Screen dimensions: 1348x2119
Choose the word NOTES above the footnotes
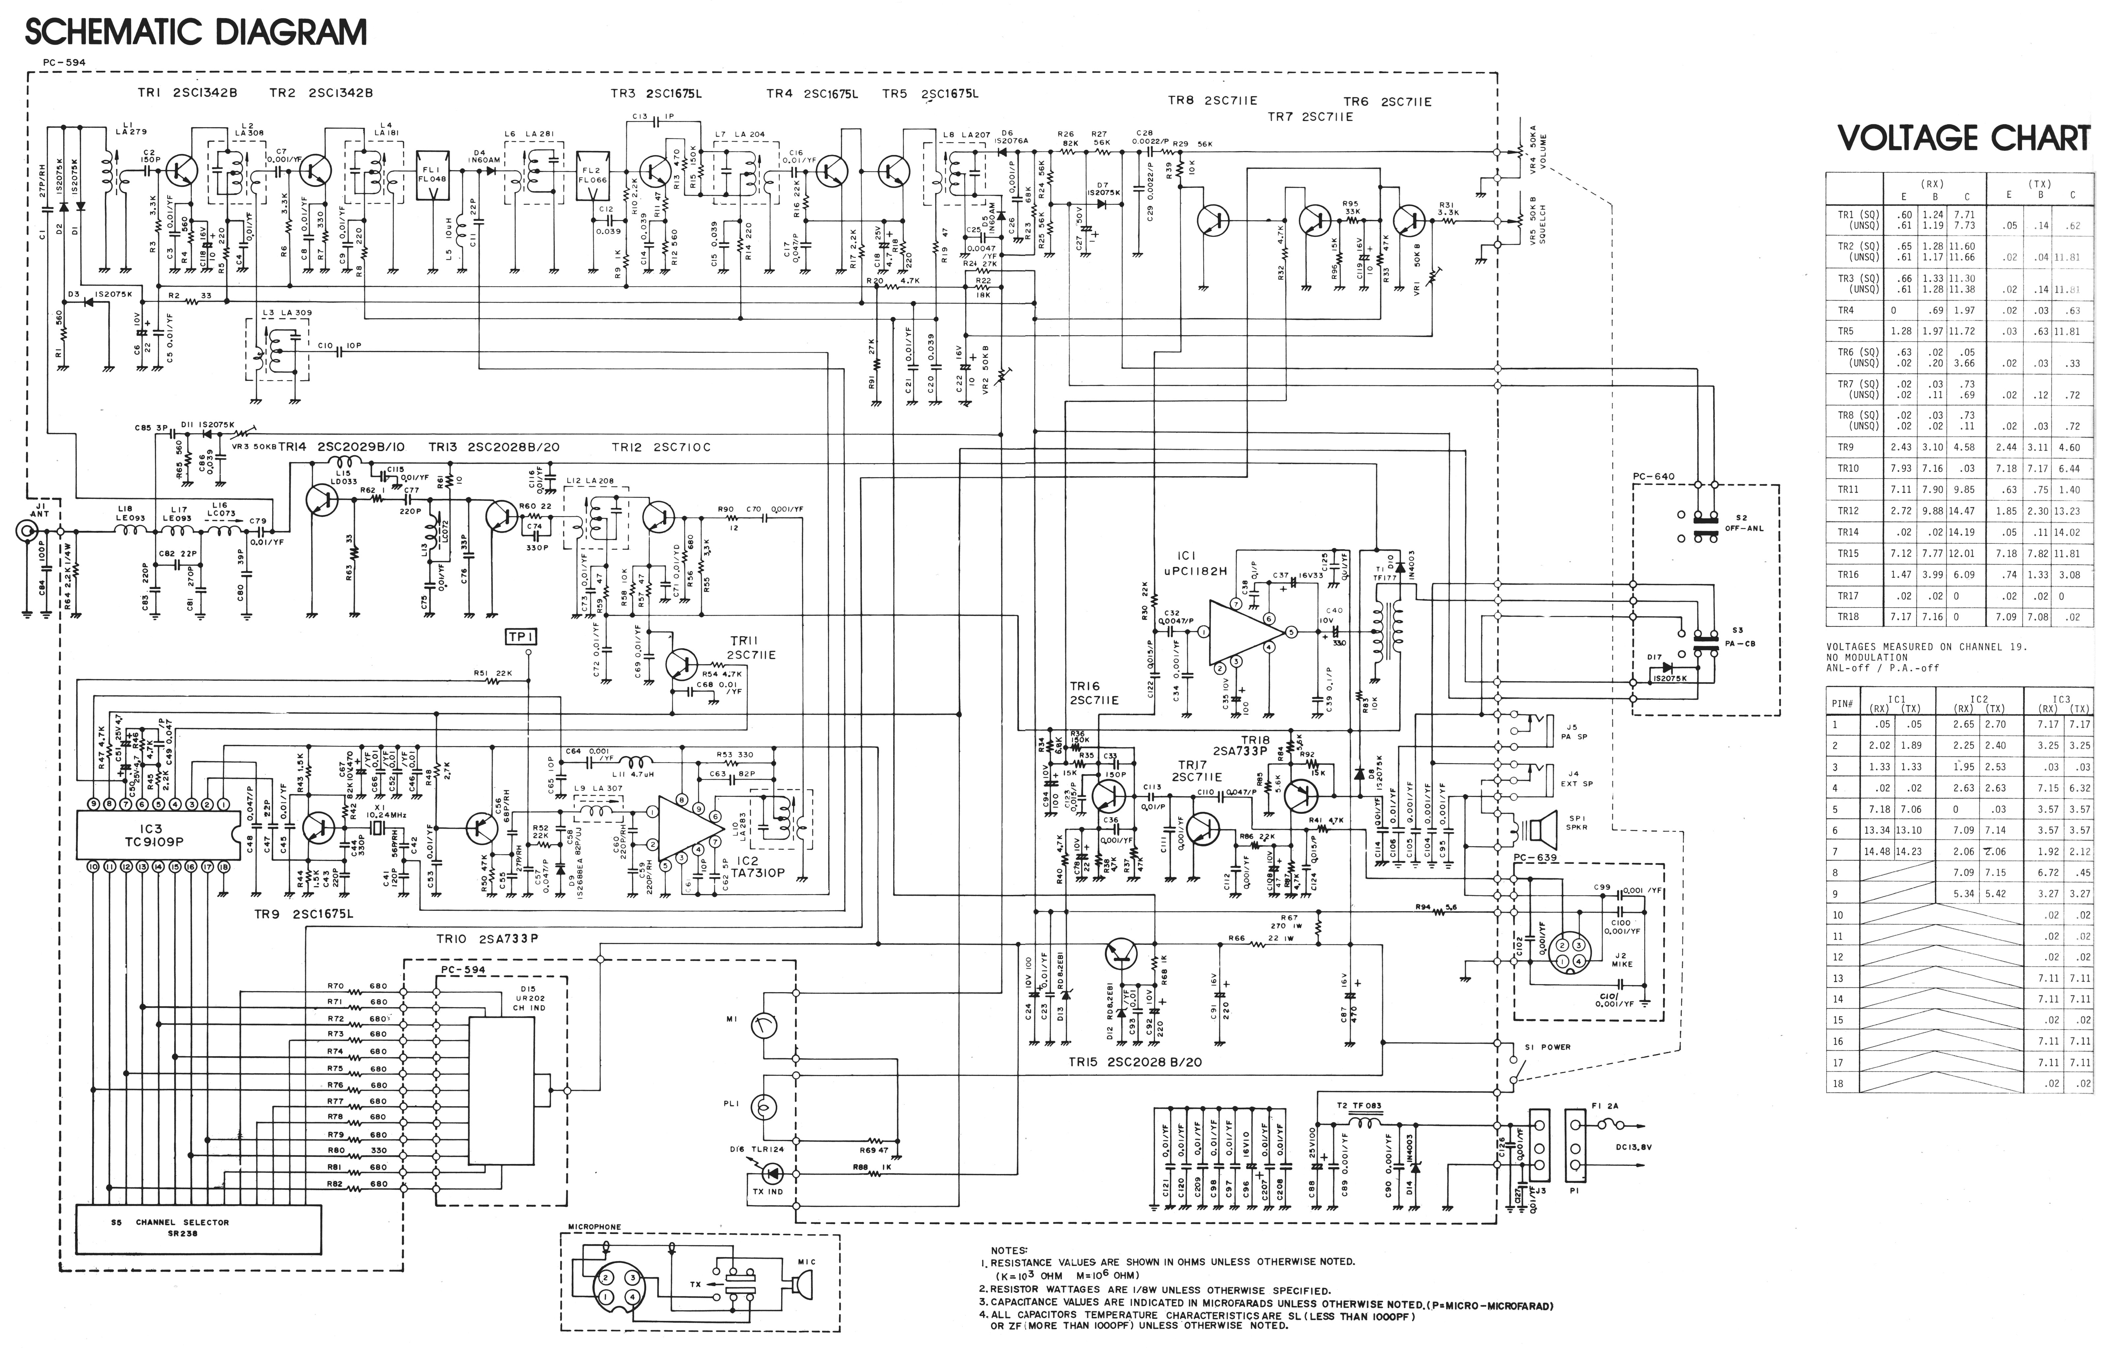click(1008, 1249)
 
